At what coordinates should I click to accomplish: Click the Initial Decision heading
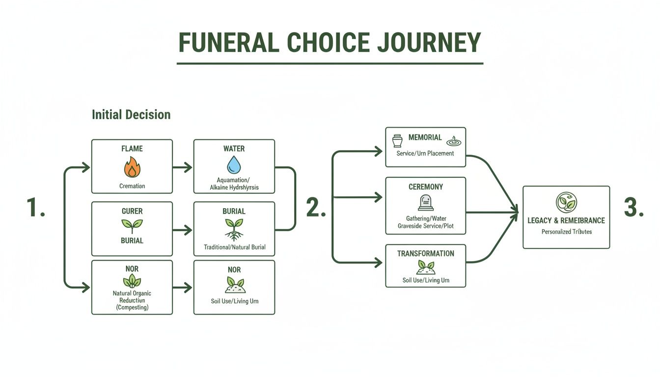pos(131,115)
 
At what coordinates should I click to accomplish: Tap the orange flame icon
pos(132,167)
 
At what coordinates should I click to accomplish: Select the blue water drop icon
pos(234,165)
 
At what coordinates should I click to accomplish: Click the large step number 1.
pos(35,208)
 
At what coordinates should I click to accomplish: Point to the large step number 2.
pos(316,208)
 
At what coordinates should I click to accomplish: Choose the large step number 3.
pos(633,208)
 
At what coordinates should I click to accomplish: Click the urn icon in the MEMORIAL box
pos(397,140)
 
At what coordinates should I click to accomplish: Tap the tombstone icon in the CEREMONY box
pos(425,203)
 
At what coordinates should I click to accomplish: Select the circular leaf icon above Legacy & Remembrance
pos(566,202)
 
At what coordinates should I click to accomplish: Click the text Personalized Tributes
pos(566,232)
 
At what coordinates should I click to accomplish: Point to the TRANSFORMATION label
pos(425,254)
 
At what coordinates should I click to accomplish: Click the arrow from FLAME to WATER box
pos(183,167)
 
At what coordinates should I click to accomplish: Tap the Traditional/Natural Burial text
pos(234,247)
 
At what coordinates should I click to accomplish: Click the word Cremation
pos(132,186)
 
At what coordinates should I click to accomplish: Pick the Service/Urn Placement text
pos(425,153)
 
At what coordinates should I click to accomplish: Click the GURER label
pos(132,211)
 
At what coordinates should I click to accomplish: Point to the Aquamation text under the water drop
pos(233,180)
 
